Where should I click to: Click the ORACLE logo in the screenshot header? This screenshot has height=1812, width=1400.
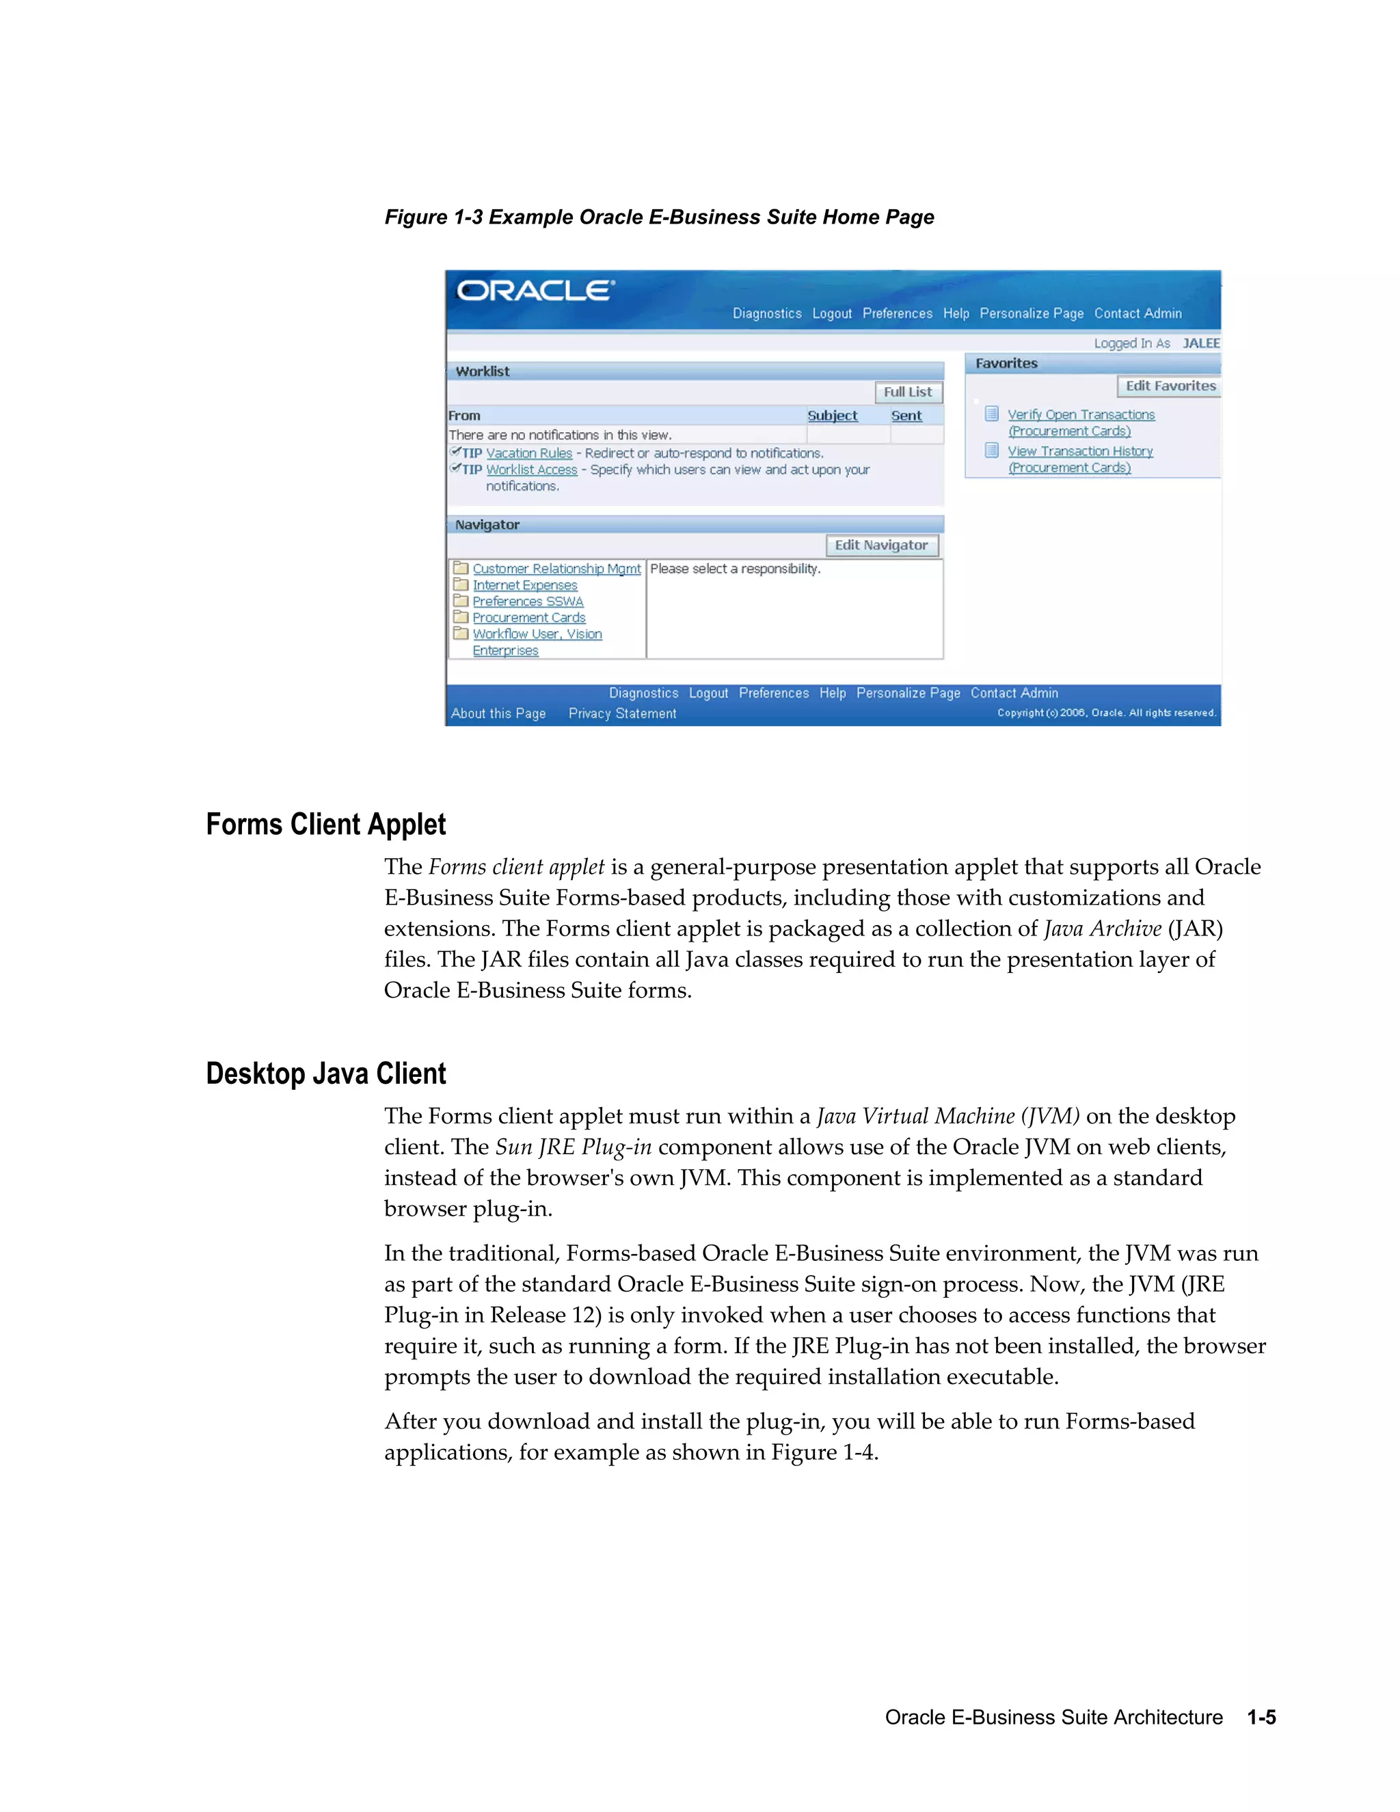(x=536, y=291)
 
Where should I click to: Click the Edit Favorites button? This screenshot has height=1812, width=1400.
(x=1170, y=386)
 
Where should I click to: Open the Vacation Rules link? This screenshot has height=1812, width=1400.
(x=529, y=453)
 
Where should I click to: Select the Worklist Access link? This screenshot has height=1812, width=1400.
(x=532, y=470)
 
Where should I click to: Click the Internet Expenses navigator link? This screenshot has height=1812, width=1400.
(x=525, y=585)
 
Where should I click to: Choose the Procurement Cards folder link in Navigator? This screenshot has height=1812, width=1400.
(x=529, y=617)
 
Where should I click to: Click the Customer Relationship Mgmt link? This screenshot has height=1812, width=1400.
(x=556, y=568)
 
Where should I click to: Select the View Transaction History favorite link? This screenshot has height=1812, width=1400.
(x=1080, y=451)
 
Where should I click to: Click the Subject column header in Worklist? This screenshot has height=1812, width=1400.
(x=833, y=416)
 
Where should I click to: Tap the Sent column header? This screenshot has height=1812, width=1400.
(x=906, y=416)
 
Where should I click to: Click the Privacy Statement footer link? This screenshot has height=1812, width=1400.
(x=622, y=713)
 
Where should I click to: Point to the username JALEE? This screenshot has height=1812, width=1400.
(x=1201, y=343)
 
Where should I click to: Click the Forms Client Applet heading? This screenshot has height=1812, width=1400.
(x=326, y=825)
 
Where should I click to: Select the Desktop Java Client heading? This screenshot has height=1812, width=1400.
(x=326, y=1074)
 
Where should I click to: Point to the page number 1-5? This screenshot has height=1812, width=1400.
(x=1261, y=1718)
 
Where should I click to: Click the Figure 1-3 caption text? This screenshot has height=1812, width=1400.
(x=660, y=217)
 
